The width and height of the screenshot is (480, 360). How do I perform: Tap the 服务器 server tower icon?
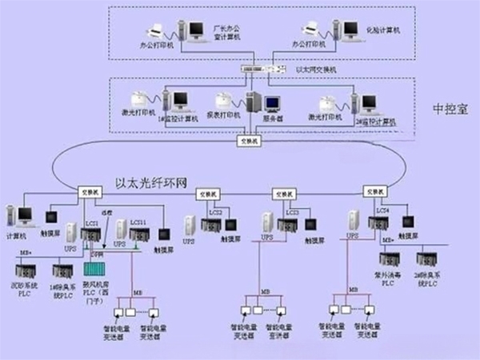[254, 103]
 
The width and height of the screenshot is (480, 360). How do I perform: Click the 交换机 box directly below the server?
[248, 141]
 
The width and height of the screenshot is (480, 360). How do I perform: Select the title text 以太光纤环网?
[150, 183]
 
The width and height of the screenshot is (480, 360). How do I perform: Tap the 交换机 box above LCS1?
[89, 192]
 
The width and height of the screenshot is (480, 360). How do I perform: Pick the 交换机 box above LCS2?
[207, 192]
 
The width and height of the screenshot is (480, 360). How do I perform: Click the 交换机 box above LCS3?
[281, 192]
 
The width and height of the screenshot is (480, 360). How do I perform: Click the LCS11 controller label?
[137, 222]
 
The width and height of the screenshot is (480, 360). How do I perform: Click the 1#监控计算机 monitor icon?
[181, 101]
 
